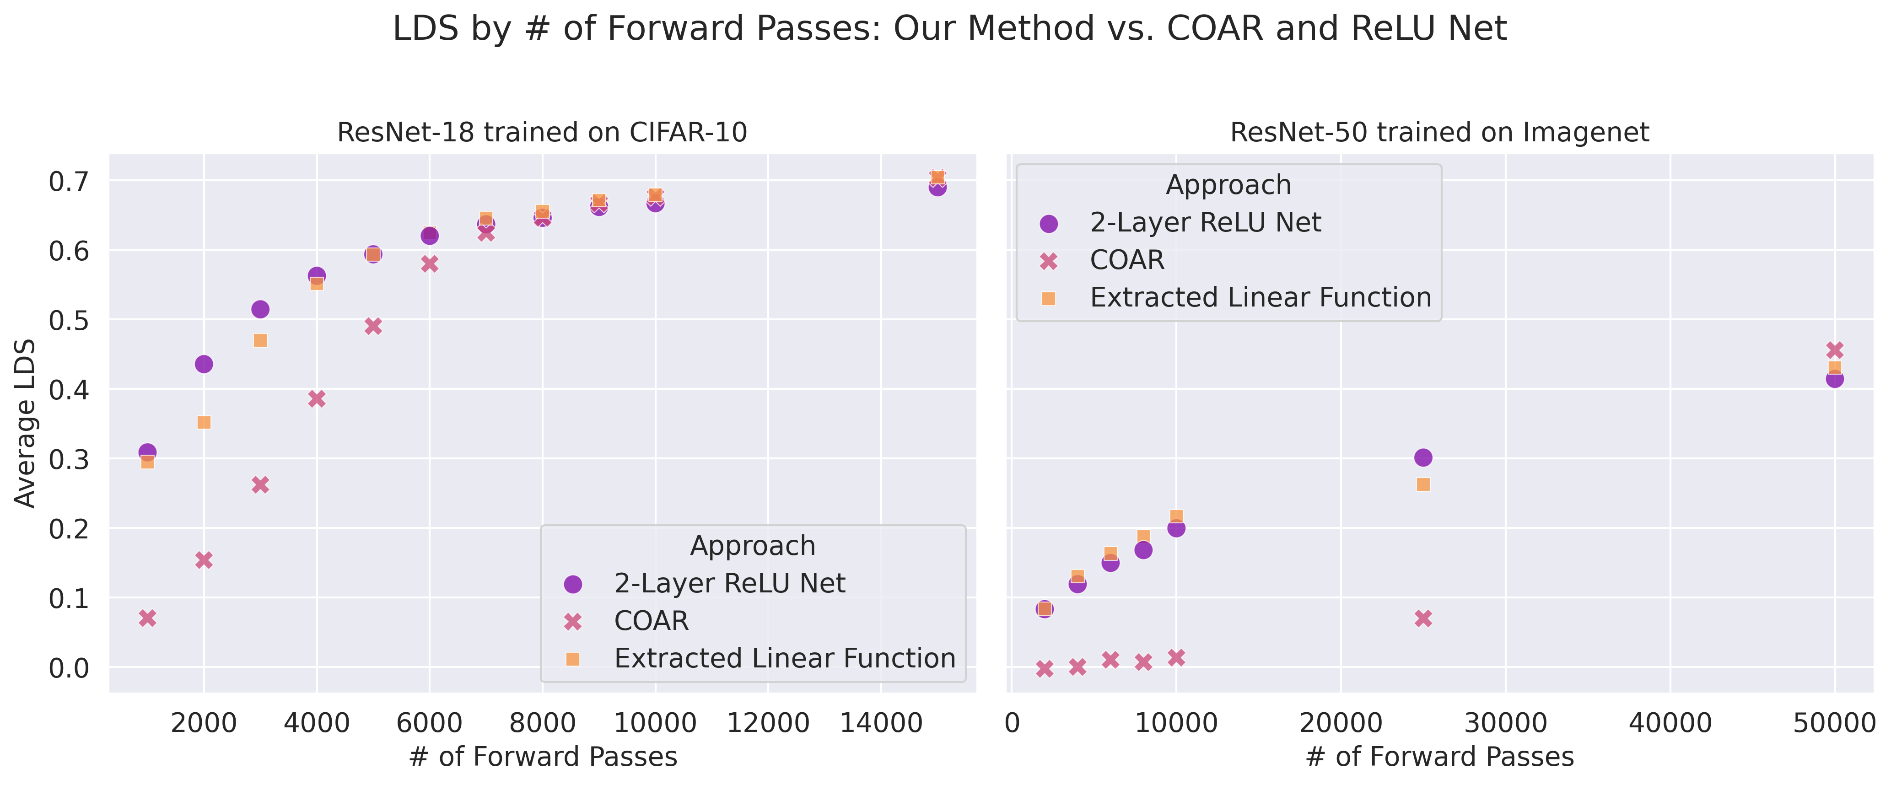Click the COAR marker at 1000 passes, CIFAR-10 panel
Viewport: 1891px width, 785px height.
(x=147, y=618)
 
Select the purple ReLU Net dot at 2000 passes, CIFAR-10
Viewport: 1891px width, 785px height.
(x=204, y=364)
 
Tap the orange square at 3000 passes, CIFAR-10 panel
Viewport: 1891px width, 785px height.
(x=260, y=340)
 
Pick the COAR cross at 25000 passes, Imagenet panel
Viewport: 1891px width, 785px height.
(x=1422, y=618)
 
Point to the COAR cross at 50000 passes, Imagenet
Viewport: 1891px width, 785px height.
(x=1834, y=350)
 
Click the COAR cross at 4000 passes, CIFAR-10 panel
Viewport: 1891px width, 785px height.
(x=317, y=399)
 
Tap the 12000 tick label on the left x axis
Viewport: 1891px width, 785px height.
(x=768, y=723)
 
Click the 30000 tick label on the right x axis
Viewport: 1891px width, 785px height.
(x=1506, y=723)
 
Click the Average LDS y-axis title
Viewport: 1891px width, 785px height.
(x=26, y=423)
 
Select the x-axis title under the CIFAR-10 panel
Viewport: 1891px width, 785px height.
(x=543, y=756)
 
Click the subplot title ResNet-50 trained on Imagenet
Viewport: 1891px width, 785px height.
(x=1439, y=133)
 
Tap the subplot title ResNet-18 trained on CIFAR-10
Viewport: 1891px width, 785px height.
(x=543, y=133)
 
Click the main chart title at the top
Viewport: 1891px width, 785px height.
(x=949, y=29)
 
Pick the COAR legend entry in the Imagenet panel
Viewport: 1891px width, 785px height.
(x=1127, y=260)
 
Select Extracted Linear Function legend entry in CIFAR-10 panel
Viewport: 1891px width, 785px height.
(x=785, y=659)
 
